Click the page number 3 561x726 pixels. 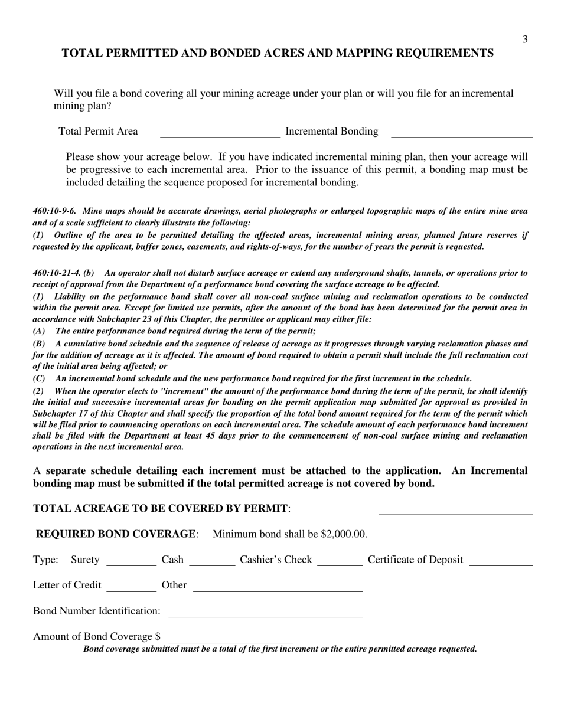[524, 40]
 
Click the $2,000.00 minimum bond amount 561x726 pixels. [343, 534]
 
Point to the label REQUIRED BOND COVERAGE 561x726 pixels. [116, 534]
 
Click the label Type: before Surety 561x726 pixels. [45, 560]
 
